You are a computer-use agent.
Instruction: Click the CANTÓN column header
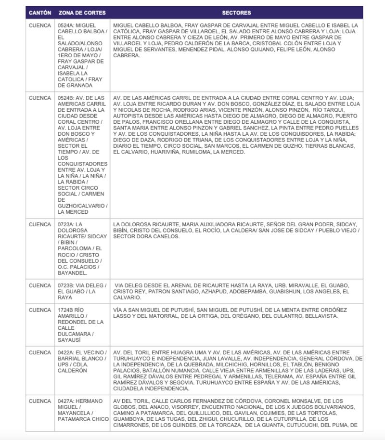tap(40, 13)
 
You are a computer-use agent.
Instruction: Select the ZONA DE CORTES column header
tap(82, 13)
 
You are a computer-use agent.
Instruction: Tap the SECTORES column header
tap(236, 13)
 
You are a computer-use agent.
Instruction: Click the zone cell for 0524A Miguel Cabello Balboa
tap(82, 55)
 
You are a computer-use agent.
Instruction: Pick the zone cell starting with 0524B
tap(82, 155)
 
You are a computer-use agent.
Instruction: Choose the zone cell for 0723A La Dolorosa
tap(82, 248)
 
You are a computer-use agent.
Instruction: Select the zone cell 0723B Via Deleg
tap(82, 291)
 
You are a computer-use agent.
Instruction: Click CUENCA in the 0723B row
tap(40, 285)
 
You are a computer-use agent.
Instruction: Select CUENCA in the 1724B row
tap(40, 310)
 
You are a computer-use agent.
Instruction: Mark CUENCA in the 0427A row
tap(40, 401)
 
